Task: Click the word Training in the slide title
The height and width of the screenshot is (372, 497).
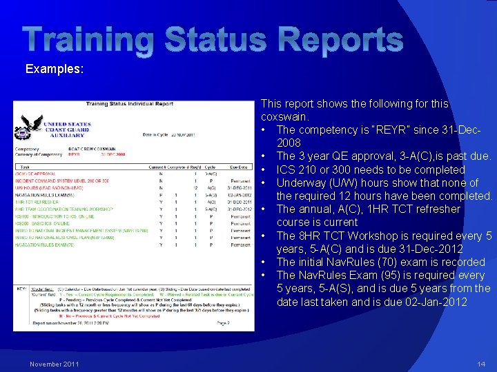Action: tap(86, 39)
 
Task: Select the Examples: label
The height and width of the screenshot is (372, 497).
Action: tap(55, 69)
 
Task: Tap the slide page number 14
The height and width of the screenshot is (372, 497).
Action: tap(480, 364)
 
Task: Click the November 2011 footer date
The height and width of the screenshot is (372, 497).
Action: tap(54, 364)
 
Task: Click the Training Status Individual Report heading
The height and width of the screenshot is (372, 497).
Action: tap(129, 104)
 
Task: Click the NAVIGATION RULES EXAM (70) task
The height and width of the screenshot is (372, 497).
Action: tap(52, 245)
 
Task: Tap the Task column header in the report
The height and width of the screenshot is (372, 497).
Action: tap(26, 167)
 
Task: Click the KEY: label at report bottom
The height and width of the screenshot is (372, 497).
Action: tap(22, 287)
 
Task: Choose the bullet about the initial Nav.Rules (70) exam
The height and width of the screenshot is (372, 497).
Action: tap(380, 262)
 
